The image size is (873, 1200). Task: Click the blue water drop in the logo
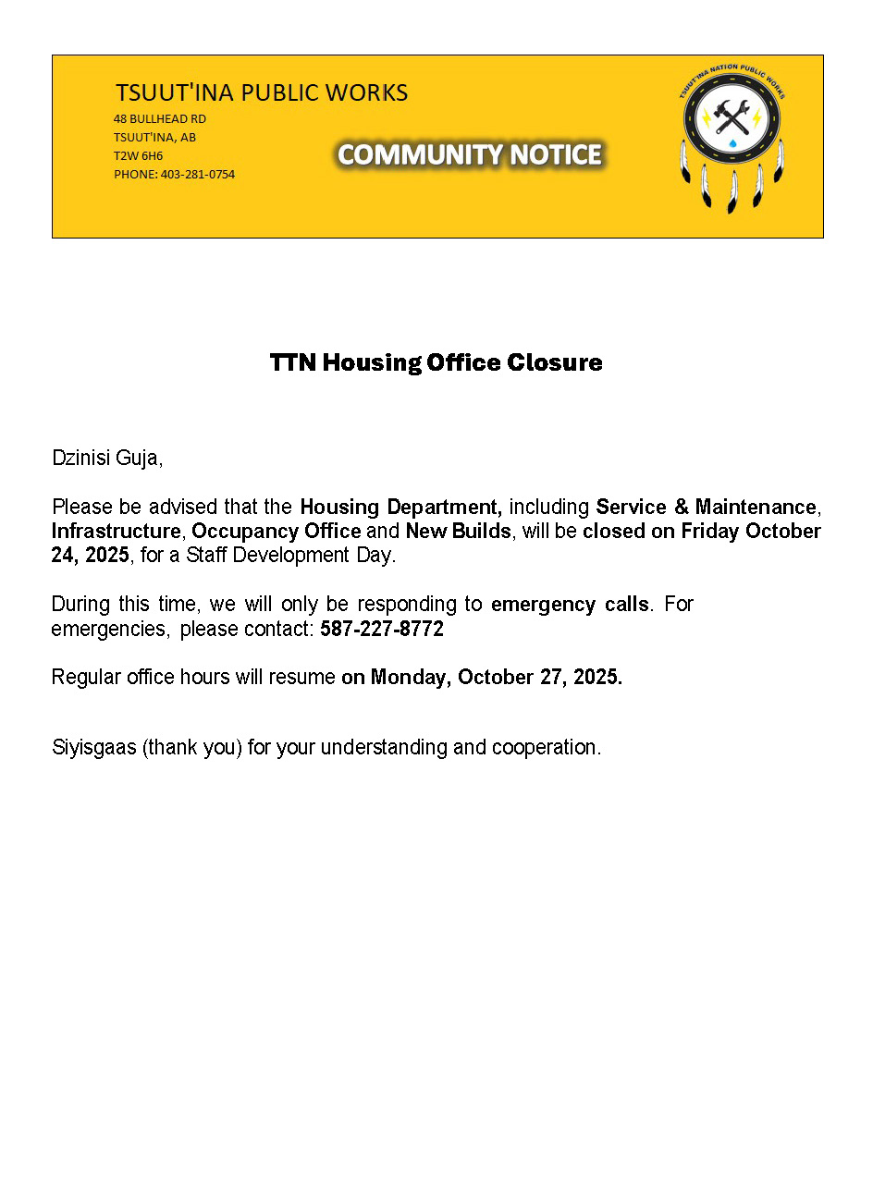[732, 143]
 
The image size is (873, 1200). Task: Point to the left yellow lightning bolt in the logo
[706, 117]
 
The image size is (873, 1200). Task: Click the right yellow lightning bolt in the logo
[757, 117]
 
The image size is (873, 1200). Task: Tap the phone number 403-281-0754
[198, 174]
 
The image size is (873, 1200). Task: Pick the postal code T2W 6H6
[138, 155]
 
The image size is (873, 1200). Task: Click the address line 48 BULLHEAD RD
[159, 119]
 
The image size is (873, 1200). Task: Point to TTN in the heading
[292, 362]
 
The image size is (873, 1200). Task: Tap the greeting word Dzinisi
[80, 458]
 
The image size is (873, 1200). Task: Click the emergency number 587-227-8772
[382, 629]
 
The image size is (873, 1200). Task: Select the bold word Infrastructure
[116, 531]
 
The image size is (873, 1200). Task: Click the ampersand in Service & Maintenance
[682, 507]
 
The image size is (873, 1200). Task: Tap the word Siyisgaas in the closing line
[93, 747]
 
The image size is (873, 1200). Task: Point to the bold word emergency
[544, 605]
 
